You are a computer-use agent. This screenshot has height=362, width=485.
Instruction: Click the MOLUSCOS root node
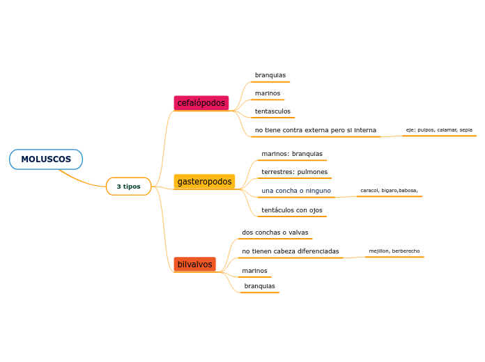(46, 159)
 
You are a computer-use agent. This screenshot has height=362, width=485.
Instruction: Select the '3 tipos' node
(128, 187)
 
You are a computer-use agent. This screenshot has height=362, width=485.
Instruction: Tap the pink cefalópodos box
(201, 103)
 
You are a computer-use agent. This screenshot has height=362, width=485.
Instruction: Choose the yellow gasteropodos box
(204, 182)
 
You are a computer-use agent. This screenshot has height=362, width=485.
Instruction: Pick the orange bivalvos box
(194, 265)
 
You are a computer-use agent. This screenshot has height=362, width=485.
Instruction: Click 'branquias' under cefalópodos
(270, 75)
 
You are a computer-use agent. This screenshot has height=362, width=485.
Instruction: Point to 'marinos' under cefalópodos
(268, 93)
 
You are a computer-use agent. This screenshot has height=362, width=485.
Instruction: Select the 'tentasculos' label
(272, 111)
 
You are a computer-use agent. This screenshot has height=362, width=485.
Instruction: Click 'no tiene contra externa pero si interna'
(315, 130)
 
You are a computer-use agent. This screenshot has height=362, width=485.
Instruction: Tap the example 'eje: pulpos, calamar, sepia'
(439, 129)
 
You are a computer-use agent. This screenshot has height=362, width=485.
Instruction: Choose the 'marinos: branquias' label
(292, 154)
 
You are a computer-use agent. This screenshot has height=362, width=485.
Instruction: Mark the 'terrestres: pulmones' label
(294, 172)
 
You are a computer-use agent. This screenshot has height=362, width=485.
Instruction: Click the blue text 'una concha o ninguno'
(296, 191)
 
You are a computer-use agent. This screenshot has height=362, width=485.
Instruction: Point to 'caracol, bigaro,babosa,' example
(389, 190)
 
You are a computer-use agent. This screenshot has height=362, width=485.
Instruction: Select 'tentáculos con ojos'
(291, 210)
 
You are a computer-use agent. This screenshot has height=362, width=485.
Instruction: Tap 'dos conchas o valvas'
(275, 233)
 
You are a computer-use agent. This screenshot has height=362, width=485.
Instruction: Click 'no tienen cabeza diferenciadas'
(290, 251)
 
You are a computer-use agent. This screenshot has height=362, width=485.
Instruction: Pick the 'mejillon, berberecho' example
(394, 251)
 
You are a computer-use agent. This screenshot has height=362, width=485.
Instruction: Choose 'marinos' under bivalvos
(254, 271)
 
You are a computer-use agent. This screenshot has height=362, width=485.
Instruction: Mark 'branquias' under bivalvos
(259, 286)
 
